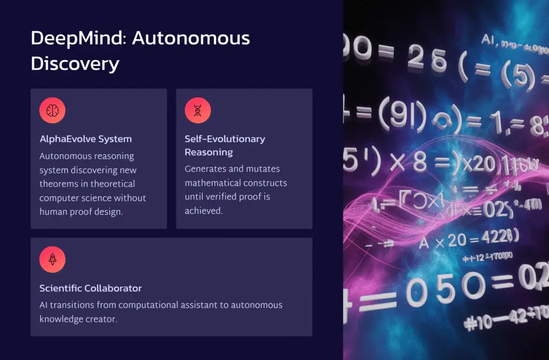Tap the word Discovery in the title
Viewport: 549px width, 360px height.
pyautogui.click(x=75, y=63)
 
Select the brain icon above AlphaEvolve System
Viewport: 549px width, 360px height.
pyautogui.click(x=53, y=111)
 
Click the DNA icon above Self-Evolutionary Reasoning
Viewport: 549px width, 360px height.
pyautogui.click(x=198, y=111)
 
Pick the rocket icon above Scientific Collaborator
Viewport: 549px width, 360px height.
pyautogui.click(x=53, y=260)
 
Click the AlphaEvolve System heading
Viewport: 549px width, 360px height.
pyautogui.click(x=85, y=139)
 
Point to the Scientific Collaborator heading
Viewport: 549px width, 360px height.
pyautogui.click(x=91, y=288)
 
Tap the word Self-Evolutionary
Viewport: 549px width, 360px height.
pyautogui.click(x=225, y=139)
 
